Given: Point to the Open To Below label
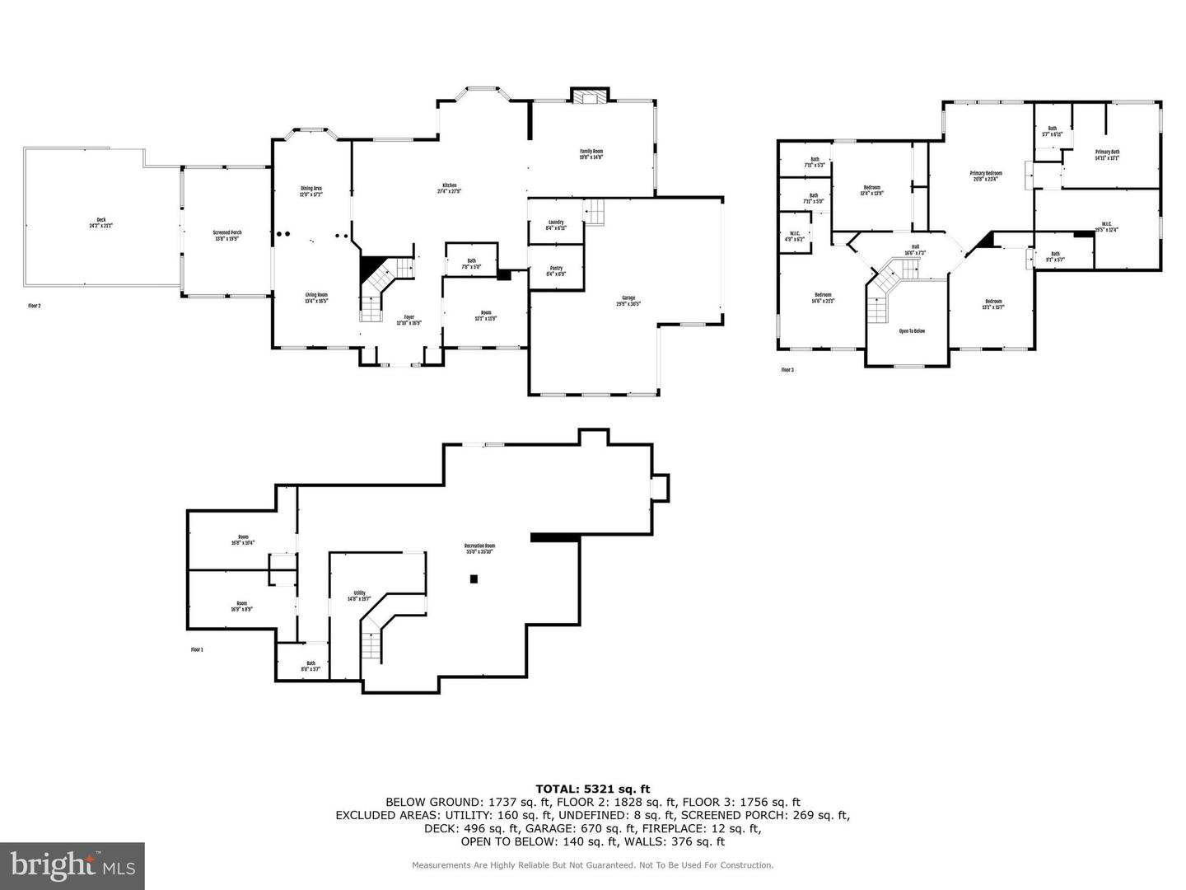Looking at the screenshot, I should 911,331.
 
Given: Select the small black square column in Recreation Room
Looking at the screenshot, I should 474,579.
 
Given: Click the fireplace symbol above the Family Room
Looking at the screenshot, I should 590,97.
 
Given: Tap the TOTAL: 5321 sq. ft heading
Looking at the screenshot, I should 592,789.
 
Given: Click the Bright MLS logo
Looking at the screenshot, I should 72,865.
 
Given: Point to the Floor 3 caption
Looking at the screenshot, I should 787,370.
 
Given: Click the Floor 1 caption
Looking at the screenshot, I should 197,650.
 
